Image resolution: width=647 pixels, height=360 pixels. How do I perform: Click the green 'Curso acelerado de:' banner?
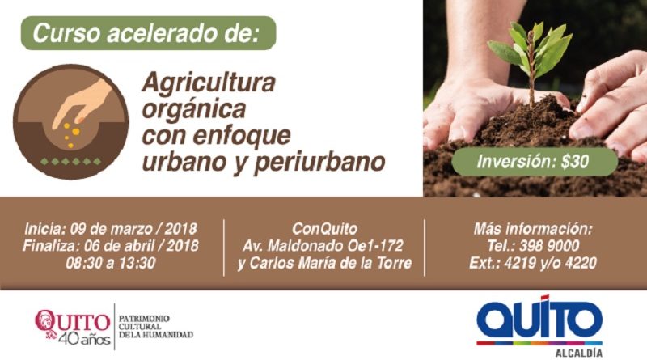point(148,33)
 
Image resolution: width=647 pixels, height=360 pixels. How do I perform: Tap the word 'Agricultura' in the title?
point(209,83)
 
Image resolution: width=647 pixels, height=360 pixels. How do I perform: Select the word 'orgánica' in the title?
point(193,110)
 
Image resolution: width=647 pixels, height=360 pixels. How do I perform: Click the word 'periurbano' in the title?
point(319,163)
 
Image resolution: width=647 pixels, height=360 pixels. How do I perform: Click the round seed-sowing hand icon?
point(70,121)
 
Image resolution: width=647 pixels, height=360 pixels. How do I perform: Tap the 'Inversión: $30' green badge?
point(535,162)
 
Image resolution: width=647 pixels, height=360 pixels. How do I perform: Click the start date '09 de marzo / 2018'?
point(133,229)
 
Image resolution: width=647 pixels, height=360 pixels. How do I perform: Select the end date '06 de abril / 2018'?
point(141,246)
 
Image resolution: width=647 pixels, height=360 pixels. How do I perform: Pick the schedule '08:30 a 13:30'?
point(111,263)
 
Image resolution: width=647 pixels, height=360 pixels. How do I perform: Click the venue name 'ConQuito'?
point(324,229)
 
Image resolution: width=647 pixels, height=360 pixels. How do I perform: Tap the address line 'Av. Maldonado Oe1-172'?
point(323,246)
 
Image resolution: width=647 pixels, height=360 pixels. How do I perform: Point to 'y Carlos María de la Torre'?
point(324,263)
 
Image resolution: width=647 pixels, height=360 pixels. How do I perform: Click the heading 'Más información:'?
point(533,229)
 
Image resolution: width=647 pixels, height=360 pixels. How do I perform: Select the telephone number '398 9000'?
point(549,246)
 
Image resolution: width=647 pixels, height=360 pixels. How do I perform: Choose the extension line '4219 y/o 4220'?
point(550,263)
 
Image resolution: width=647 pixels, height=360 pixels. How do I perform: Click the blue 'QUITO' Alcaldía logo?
point(539,320)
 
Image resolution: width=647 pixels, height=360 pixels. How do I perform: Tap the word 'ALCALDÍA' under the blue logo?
point(578,353)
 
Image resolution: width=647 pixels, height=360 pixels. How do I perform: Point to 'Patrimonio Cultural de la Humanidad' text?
point(156,327)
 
